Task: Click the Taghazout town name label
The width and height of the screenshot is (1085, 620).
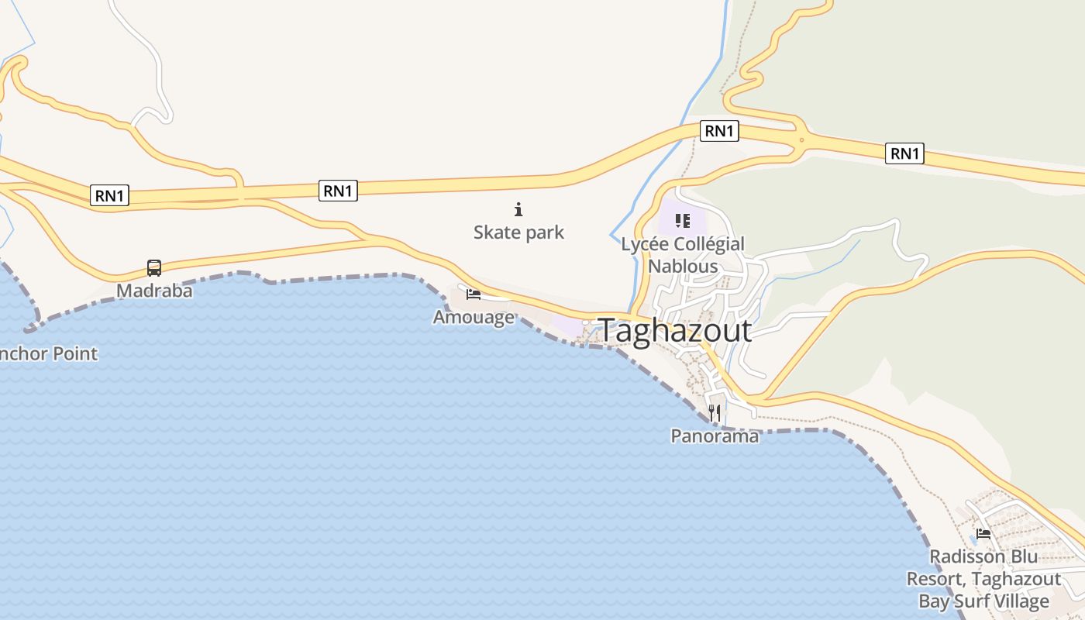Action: click(x=675, y=331)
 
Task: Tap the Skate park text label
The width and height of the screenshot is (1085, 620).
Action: click(x=518, y=232)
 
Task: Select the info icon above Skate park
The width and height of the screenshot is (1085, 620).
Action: click(x=518, y=209)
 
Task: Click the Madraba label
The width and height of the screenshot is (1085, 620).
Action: click(x=154, y=291)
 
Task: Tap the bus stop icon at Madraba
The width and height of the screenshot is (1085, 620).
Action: click(x=154, y=268)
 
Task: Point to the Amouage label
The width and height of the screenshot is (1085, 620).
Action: click(x=473, y=316)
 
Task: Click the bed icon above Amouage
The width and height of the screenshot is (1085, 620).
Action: click(x=474, y=294)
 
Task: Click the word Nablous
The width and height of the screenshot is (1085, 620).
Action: click(x=683, y=266)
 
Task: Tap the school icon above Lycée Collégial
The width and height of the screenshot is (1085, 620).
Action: click(x=683, y=222)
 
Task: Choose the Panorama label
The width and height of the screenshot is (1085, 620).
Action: click(x=715, y=436)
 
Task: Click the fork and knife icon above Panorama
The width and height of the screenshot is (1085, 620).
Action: click(x=715, y=413)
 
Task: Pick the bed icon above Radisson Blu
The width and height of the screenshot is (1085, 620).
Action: click(x=983, y=533)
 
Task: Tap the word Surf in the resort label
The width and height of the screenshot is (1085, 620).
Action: click(x=976, y=601)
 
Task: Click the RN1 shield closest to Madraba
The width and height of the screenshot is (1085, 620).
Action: click(x=109, y=196)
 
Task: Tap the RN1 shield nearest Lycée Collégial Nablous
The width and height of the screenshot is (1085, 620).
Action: click(x=719, y=131)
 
